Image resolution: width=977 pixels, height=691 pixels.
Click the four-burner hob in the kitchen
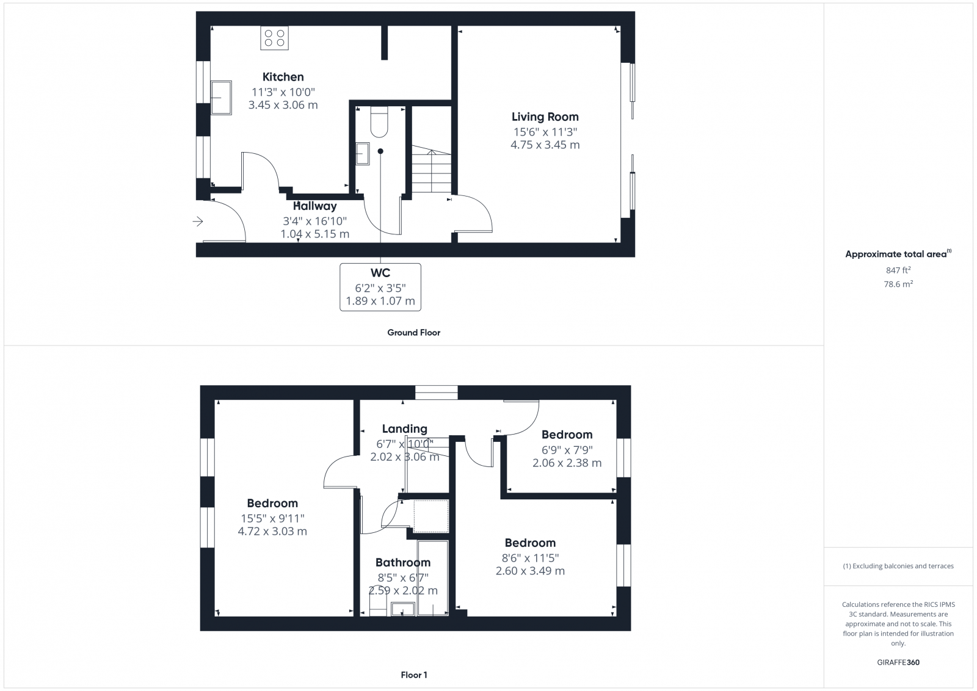point(274,38)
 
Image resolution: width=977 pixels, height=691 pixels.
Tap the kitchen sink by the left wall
point(220,98)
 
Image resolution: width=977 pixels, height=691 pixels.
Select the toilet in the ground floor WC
point(379,121)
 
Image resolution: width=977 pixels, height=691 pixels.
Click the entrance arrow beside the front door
point(198,222)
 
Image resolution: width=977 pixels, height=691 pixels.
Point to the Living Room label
point(545,117)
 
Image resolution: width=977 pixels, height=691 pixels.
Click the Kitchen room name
point(283,77)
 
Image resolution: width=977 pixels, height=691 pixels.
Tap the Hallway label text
point(314,206)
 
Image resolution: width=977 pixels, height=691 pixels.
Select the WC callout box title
point(380,273)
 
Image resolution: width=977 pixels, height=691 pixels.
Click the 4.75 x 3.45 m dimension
point(545,145)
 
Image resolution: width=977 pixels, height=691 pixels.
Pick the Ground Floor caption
point(413,333)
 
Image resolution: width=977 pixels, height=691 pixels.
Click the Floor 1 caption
point(414,675)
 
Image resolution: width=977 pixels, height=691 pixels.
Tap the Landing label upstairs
point(404,429)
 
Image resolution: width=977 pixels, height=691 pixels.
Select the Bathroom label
point(402,563)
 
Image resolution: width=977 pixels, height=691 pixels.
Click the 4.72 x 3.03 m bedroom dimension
point(272,532)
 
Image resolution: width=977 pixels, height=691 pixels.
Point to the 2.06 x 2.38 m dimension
point(567,463)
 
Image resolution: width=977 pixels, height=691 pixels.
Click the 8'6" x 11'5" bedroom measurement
point(530,557)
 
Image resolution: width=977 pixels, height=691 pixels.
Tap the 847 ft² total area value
point(898,270)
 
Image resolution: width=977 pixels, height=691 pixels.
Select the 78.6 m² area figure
point(898,284)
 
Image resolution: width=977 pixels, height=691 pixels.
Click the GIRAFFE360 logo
point(898,662)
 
